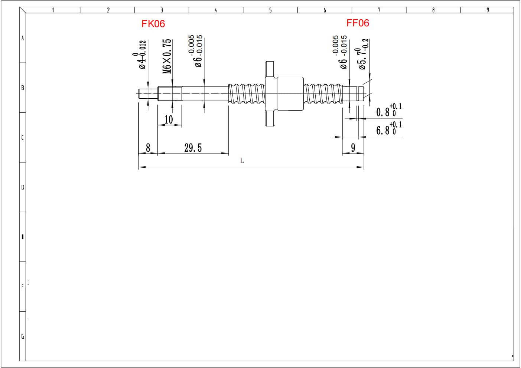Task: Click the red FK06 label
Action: point(153,24)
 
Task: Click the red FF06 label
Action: point(358,23)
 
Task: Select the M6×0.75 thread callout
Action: point(167,56)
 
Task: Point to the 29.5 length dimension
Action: point(193,148)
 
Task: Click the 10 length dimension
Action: point(169,119)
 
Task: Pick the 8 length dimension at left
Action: point(148,148)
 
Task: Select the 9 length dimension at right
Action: point(353,148)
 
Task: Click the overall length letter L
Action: point(242,161)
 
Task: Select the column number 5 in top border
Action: point(270,10)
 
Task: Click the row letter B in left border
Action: point(23,88)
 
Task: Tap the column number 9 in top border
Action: point(488,10)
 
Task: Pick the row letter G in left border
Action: point(23,336)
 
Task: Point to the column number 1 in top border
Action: point(53,10)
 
